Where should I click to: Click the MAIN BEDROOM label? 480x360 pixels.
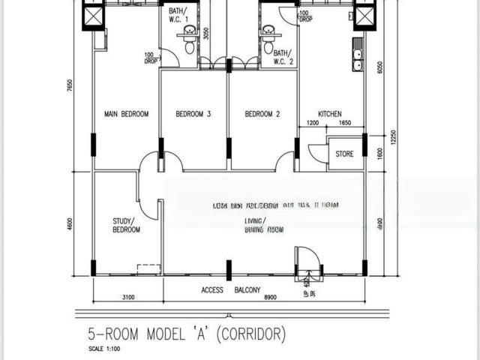(x=126, y=114)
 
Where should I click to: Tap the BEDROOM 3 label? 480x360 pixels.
(x=193, y=114)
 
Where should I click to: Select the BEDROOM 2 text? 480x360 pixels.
(x=262, y=114)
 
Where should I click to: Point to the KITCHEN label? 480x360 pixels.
(x=330, y=114)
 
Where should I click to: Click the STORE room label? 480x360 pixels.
(x=344, y=154)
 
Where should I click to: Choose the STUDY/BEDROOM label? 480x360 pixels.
(x=126, y=225)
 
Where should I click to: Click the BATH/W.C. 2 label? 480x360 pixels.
(x=283, y=57)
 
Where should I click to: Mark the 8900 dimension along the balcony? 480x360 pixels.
(x=270, y=298)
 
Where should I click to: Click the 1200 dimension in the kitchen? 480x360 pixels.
(x=313, y=123)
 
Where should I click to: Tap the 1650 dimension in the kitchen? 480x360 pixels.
(x=345, y=123)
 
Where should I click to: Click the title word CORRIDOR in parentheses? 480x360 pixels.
(x=247, y=334)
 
